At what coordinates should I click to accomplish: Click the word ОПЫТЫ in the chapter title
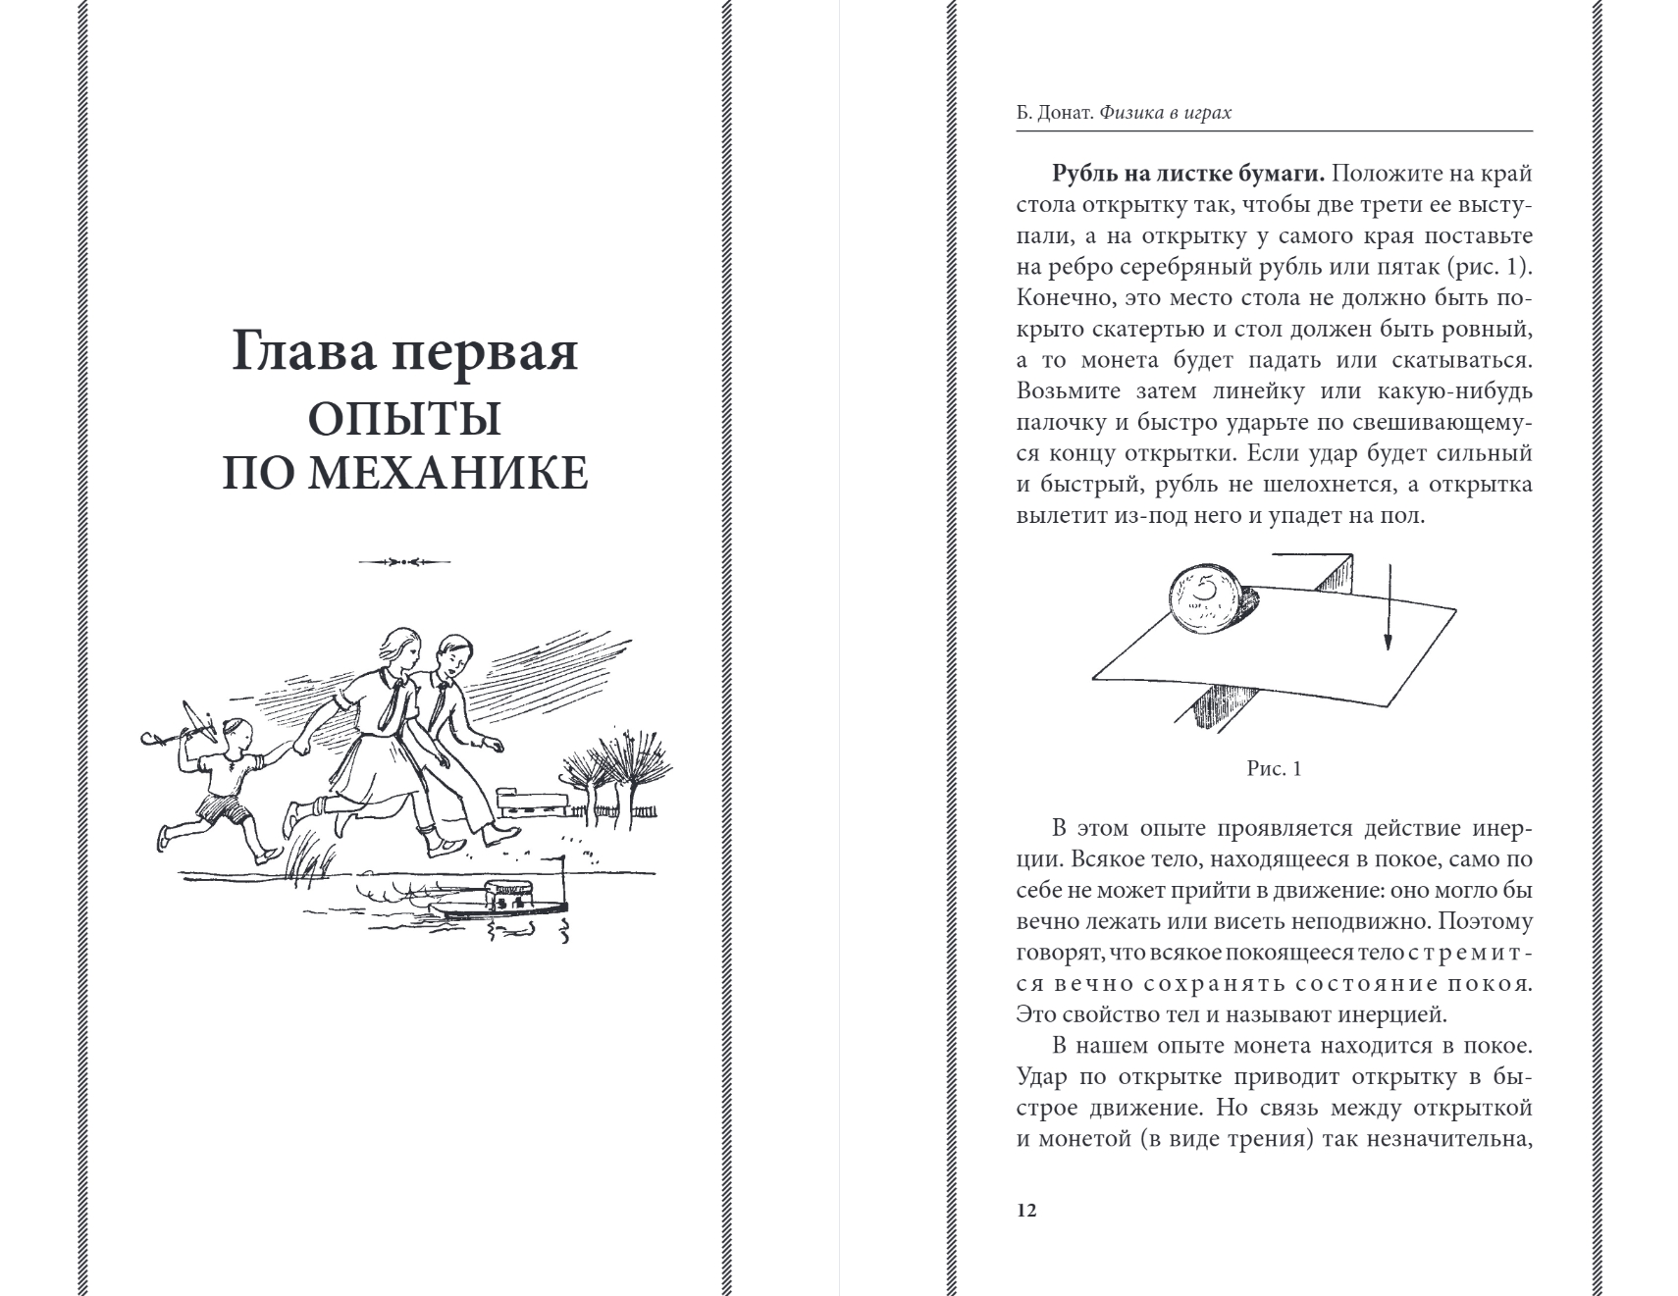click(404, 419)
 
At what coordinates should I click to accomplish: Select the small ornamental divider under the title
click(404, 562)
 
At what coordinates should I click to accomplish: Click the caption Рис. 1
click(1274, 769)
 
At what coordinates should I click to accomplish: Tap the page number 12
click(1026, 1210)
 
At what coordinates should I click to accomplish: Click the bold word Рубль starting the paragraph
click(1083, 174)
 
